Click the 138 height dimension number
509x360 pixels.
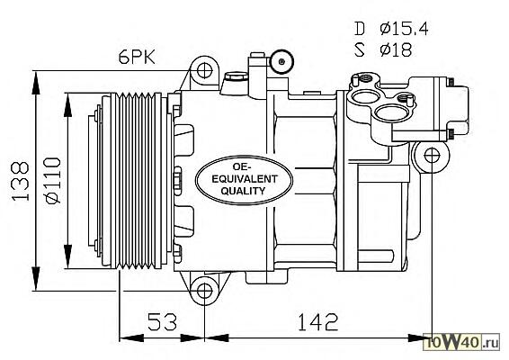click(x=21, y=181)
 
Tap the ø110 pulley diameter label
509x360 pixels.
click(x=53, y=180)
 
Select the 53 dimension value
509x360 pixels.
click(x=162, y=321)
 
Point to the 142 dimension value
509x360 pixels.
click(x=317, y=321)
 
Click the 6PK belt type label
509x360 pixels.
click(x=137, y=58)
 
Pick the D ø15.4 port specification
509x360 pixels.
click(x=391, y=29)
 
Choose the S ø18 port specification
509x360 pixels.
click(x=383, y=50)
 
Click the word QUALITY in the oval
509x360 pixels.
click(x=243, y=191)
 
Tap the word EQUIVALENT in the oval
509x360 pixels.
click(x=245, y=179)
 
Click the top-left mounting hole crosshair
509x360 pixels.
click(x=204, y=70)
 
